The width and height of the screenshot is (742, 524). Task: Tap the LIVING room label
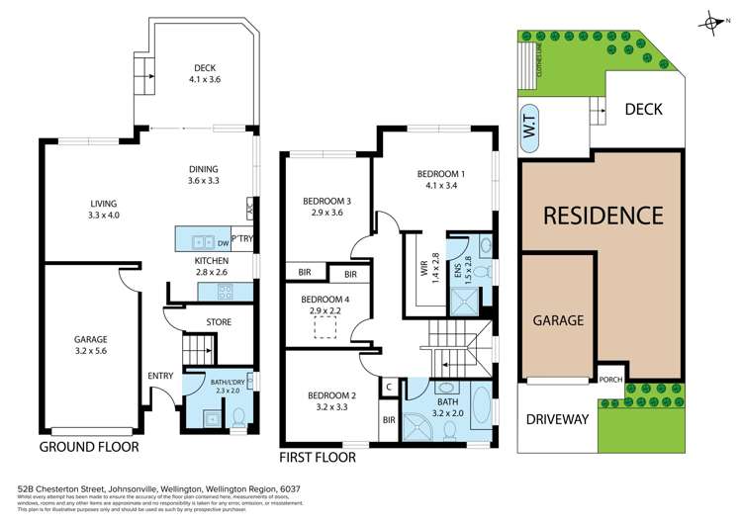click(103, 210)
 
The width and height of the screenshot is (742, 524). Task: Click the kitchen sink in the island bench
click(201, 240)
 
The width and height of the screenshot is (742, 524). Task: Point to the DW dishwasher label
click(223, 241)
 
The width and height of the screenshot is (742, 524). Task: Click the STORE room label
click(219, 322)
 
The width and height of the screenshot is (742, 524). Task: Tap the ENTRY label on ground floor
click(159, 376)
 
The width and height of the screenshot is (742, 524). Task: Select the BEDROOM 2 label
click(327, 399)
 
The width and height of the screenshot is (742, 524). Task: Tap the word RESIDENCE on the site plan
click(602, 215)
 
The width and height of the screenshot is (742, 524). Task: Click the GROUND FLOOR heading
click(88, 447)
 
